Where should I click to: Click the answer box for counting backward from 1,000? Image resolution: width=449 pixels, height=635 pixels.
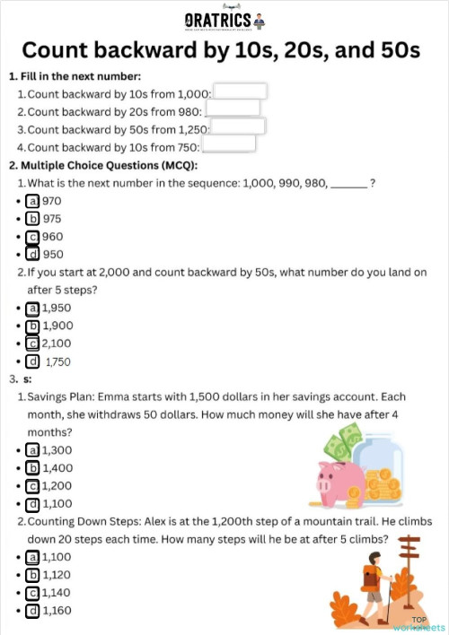240,91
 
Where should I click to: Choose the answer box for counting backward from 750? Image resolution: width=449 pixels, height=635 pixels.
229,144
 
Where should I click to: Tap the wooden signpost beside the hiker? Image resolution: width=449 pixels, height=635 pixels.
409,561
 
